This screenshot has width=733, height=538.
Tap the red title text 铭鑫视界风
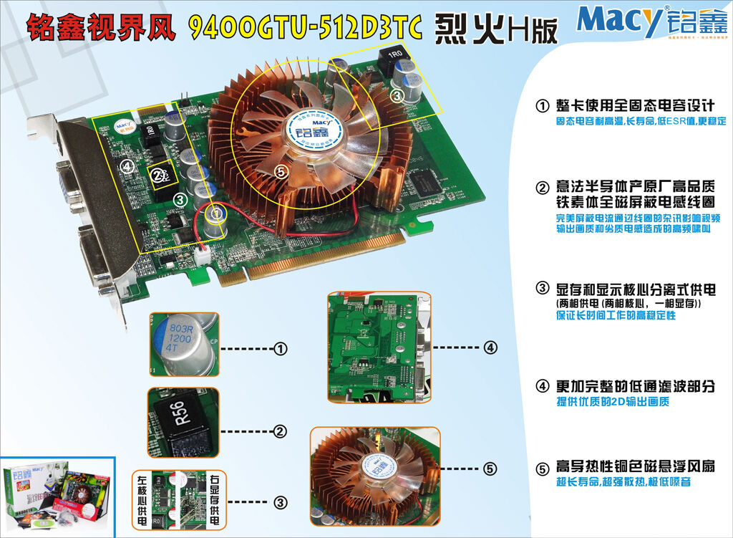(x=102, y=27)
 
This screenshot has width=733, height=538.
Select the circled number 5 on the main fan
(x=281, y=171)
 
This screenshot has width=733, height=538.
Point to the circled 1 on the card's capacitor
(x=215, y=213)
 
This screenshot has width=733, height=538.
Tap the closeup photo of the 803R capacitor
(x=183, y=344)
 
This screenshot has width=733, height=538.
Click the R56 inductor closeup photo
(x=183, y=423)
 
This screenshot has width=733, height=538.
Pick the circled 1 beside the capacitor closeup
(x=280, y=349)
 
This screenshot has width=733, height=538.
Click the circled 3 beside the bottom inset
(x=280, y=503)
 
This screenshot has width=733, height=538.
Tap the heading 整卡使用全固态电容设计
(x=635, y=105)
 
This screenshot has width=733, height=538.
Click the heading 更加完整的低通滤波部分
(x=635, y=386)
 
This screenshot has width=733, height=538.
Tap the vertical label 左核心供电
(x=140, y=502)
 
